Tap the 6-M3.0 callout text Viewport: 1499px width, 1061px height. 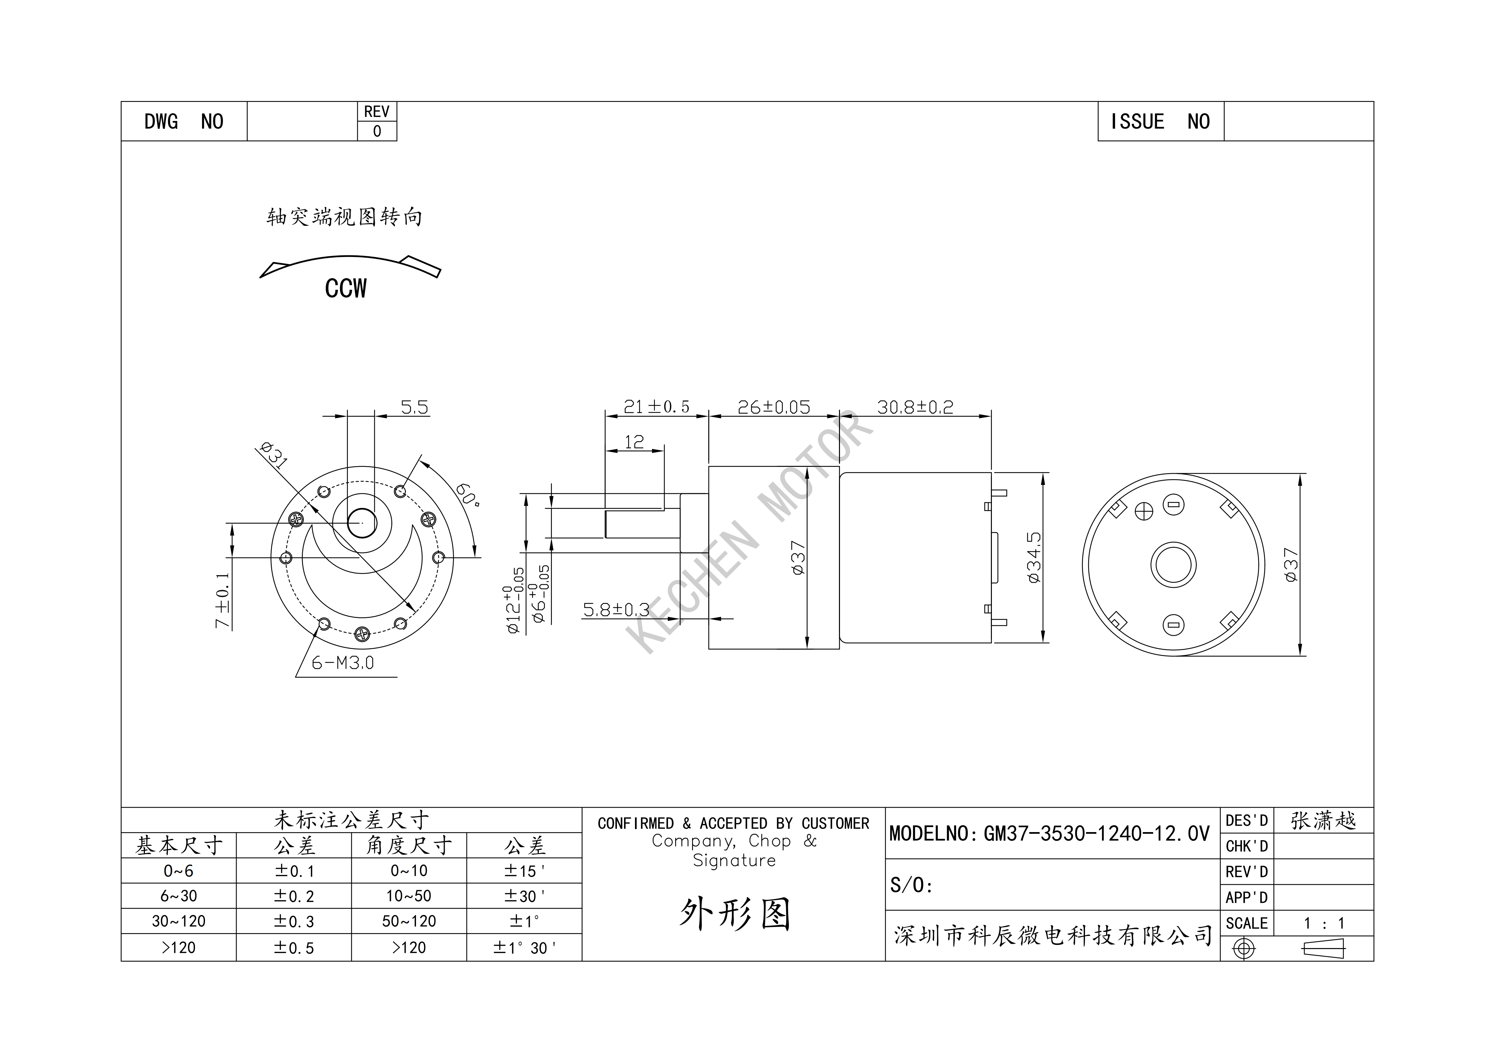343,663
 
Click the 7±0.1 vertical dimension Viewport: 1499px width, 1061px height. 223,601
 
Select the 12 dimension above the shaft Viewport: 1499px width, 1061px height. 634,442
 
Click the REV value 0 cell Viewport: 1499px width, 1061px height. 377,131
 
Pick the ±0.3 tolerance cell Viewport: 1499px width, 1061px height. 294,921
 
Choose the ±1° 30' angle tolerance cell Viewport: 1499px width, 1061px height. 524,947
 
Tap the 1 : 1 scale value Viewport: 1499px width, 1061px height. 1324,923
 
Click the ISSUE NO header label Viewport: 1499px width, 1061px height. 1160,122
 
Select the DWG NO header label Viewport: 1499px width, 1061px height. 184,122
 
